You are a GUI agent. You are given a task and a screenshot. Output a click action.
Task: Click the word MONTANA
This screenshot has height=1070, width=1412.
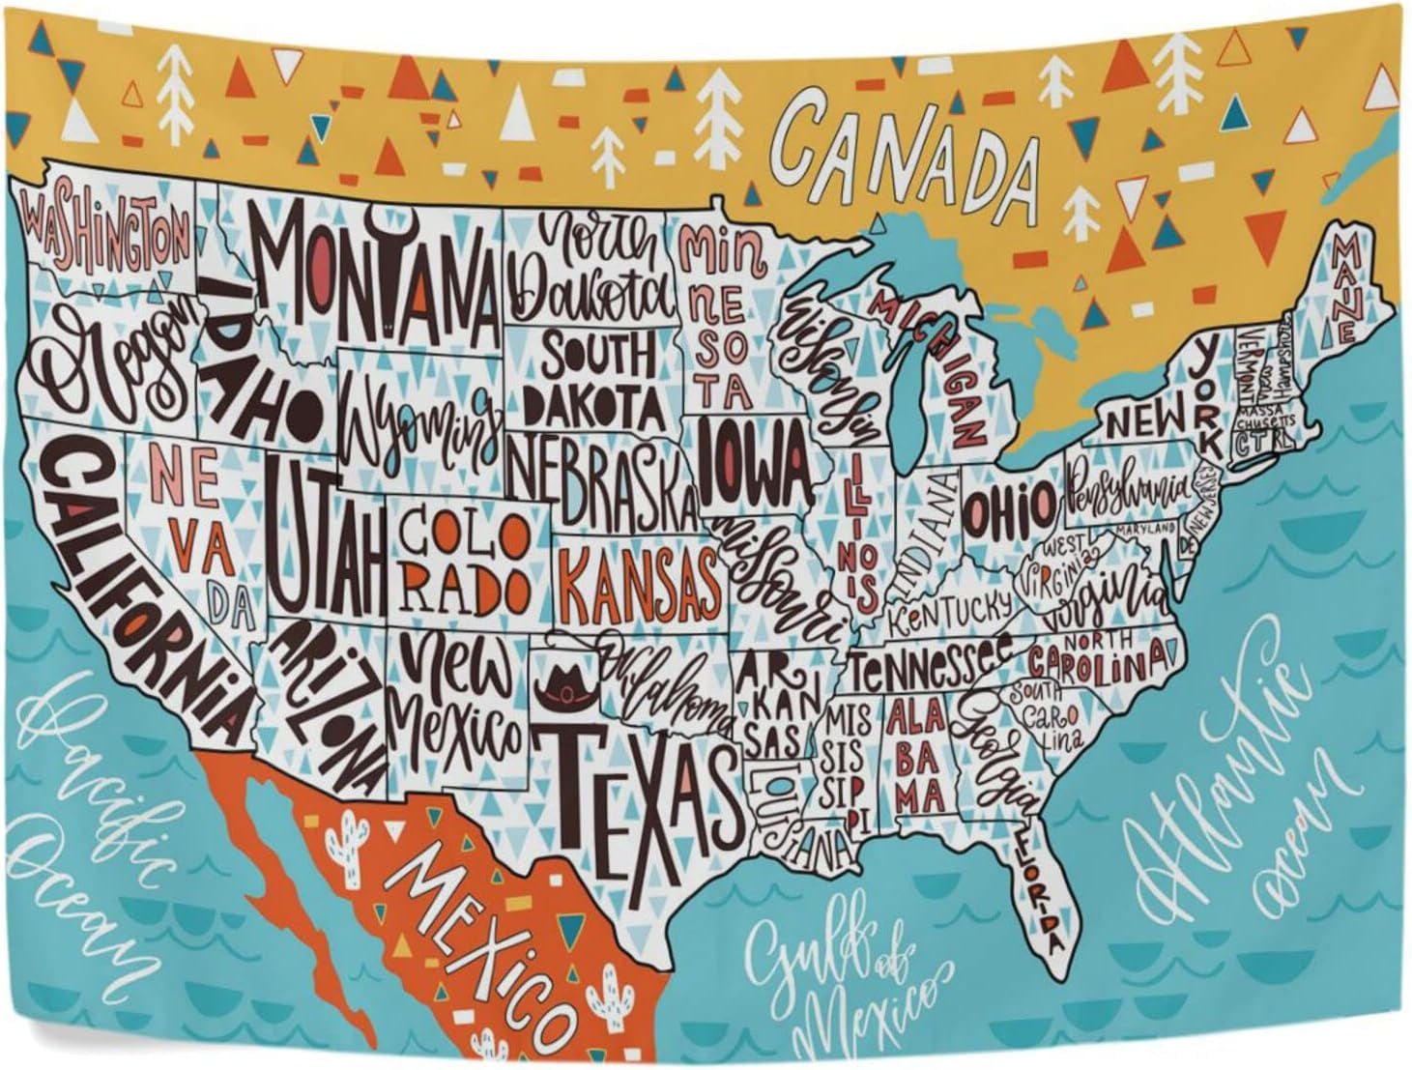377,271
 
